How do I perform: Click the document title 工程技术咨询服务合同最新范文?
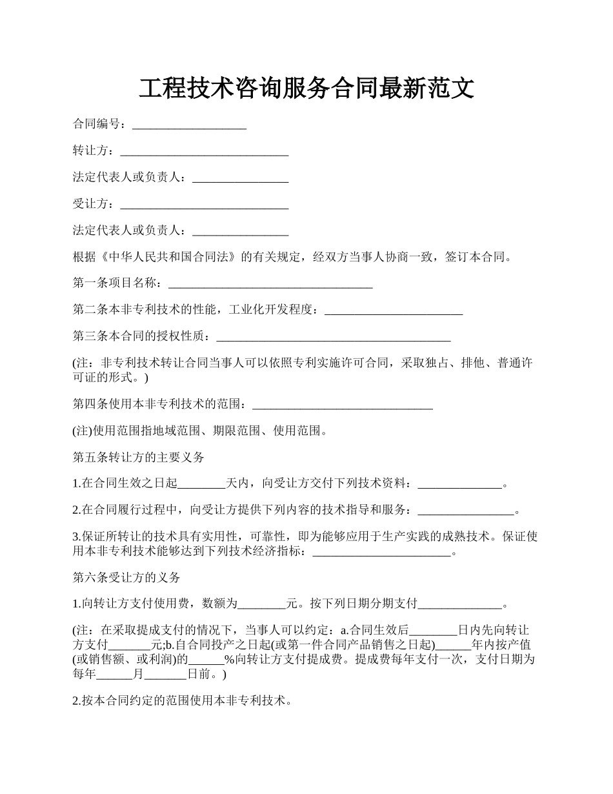306,88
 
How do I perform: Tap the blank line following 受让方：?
205,205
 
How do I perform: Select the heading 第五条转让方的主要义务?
139,457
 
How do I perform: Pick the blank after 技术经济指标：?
381,552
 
